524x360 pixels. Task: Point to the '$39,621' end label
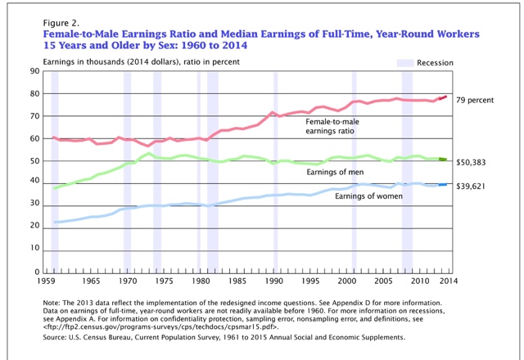(474, 186)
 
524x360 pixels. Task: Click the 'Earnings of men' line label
(335, 173)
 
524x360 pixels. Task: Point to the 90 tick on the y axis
(37, 71)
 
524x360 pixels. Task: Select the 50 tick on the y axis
(37, 160)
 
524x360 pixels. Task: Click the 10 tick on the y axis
(37, 250)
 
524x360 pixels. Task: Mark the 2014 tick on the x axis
(448, 281)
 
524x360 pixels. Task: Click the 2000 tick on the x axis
(347, 281)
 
